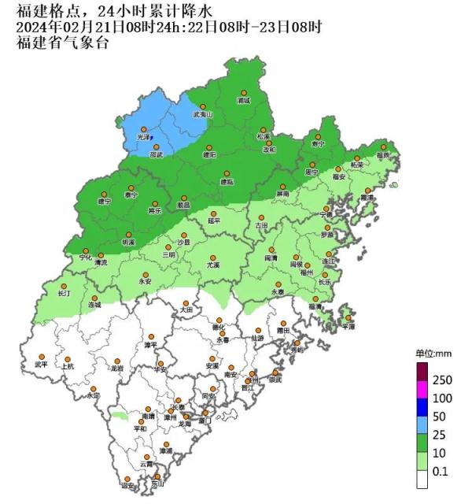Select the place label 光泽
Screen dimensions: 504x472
[143, 137]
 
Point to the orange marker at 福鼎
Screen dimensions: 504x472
[385, 146]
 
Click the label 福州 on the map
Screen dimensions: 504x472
[307, 272]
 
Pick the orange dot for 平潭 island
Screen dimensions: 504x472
[348, 318]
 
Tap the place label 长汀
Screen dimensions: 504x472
[65, 293]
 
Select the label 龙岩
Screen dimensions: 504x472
[117, 368]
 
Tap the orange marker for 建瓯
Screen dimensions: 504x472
[227, 173]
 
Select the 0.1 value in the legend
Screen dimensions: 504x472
[441, 472]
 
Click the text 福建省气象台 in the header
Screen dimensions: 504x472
[62, 42]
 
